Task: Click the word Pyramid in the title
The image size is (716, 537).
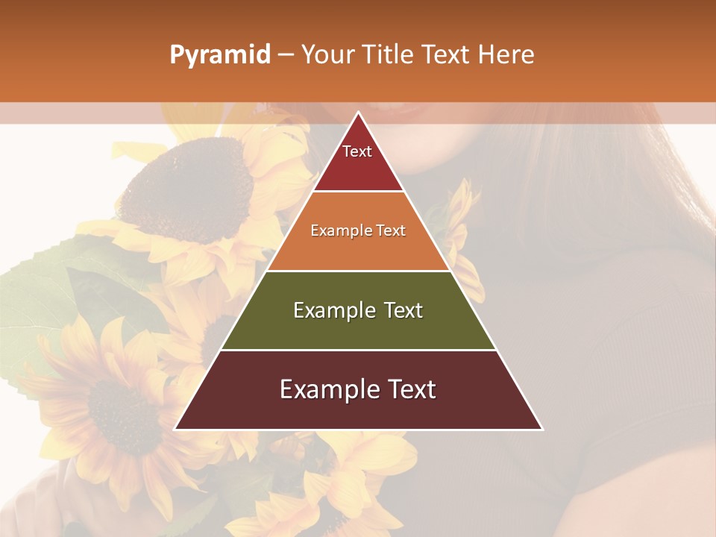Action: click(220, 55)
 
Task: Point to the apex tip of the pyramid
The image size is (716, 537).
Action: click(358, 113)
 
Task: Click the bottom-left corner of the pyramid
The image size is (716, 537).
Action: click(176, 429)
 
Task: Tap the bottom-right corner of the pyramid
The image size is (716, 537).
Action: click(541, 429)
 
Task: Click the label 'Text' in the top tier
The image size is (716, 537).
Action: click(357, 151)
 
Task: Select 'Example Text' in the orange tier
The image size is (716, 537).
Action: click(358, 230)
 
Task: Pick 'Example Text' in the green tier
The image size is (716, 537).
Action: click(358, 310)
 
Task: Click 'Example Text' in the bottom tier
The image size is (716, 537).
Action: click(358, 389)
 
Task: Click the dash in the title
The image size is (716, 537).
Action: click(286, 55)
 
